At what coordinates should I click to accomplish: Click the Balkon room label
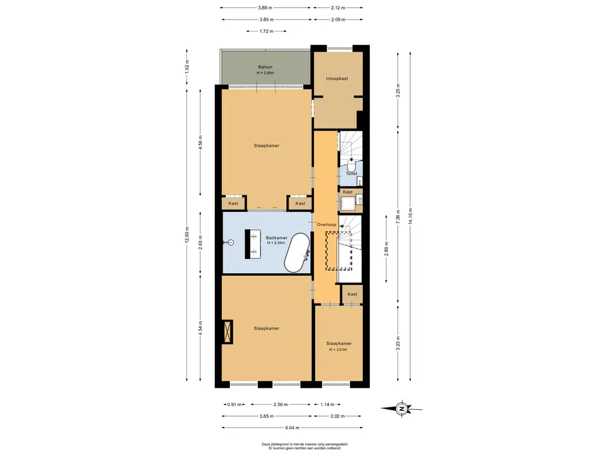(x=265, y=67)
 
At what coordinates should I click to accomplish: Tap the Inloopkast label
(x=337, y=78)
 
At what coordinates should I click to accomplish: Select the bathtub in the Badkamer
(x=297, y=252)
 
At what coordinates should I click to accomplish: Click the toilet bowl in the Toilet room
(x=351, y=167)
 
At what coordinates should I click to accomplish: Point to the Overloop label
(x=327, y=224)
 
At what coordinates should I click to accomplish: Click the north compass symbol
(x=402, y=408)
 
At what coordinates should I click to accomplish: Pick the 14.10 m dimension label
(x=410, y=216)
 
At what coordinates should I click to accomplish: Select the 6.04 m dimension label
(x=292, y=427)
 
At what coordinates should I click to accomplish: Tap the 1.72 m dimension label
(x=267, y=31)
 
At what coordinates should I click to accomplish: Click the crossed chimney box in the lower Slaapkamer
(x=227, y=331)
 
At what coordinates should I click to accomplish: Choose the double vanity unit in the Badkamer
(x=253, y=244)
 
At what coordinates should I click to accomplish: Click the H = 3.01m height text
(x=338, y=349)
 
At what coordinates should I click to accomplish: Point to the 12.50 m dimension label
(x=187, y=235)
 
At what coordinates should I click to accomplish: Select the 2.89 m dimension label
(x=386, y=249)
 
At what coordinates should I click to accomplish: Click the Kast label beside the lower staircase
(x=353, y=294)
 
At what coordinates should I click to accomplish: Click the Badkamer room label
(x=277, y=237)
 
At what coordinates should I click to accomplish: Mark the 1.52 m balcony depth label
(x=187, y=66)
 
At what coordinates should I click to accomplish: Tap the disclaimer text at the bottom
(x=305, y=446)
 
